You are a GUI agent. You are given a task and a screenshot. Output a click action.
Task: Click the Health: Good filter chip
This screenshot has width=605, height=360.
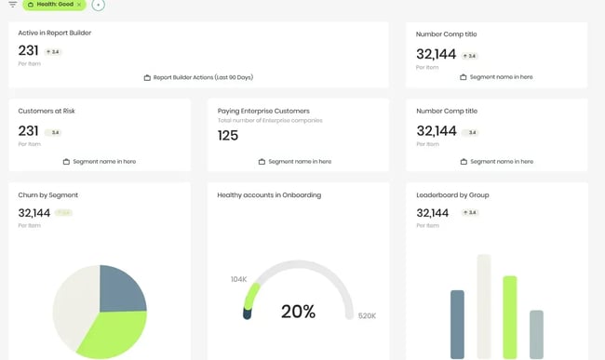(x=54, y=5)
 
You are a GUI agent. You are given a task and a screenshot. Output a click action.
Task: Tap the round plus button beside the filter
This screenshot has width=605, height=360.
(x=99, y=5)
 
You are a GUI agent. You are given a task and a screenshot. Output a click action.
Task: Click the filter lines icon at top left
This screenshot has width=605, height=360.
(x=12, y=5)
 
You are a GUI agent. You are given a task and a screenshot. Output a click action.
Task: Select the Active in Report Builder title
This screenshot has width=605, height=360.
(x=54, y=33)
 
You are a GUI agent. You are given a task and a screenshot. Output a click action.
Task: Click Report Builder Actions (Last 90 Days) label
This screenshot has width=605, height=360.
(x=203, y=77)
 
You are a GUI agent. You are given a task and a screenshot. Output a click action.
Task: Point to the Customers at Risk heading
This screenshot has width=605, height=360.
(x=47, y=111)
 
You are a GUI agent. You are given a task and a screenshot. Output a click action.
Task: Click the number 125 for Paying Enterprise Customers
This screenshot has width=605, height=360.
(x=228, y=136)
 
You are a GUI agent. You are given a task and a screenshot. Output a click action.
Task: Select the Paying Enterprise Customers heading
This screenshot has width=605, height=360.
(x=262, y=111)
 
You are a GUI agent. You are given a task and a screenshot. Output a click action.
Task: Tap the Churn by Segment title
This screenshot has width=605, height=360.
(x=47, y=195)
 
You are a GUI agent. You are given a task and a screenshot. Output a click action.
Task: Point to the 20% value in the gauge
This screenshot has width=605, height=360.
(x=298, y=312)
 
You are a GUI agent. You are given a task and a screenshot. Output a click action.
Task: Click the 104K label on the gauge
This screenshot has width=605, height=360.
(x=238, y=279)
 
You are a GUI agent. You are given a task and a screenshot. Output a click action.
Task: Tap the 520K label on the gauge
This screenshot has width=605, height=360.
(x=367, y=316)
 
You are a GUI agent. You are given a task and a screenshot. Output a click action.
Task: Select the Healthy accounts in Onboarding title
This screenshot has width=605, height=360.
(x=269, y=195)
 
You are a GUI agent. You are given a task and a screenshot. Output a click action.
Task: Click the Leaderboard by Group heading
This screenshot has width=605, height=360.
(x=453, y=195)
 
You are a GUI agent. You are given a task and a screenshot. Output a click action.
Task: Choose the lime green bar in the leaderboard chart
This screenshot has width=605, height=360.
(x=509, y=316)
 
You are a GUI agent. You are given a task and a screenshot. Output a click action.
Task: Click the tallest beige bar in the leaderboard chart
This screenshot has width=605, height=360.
(x=483, y=307)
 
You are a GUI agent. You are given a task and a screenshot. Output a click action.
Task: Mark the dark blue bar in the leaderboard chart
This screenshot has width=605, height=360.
(x=457, y=324)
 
